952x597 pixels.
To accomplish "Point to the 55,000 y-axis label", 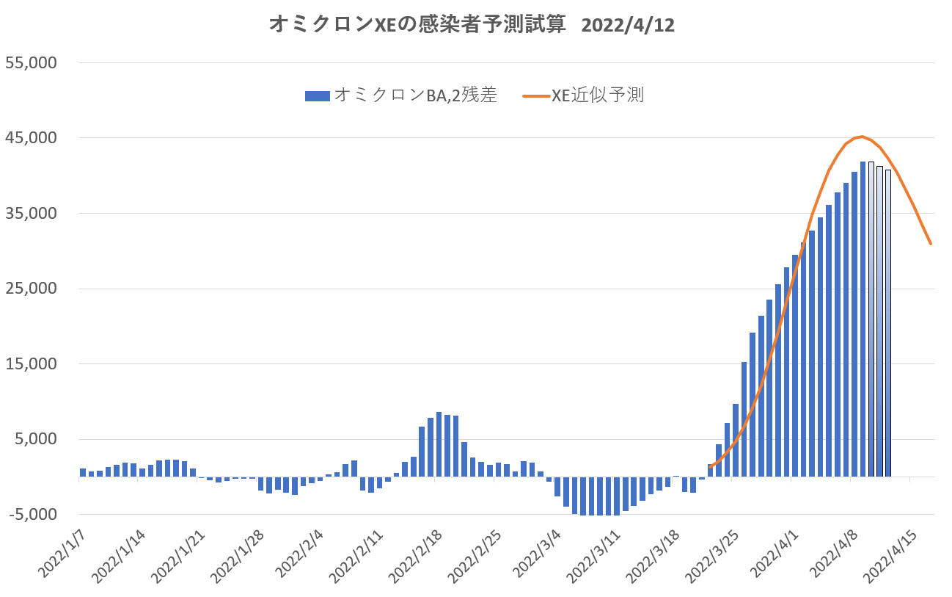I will (x=32, y=62).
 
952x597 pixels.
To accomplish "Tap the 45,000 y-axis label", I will (x=32, y=138).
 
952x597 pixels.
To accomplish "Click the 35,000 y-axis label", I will (x=32, y=214).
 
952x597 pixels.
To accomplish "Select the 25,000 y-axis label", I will (x=32, y=289).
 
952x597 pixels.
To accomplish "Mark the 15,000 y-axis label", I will (x=32, y=364).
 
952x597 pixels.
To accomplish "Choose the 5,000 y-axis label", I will (x=35, y=439).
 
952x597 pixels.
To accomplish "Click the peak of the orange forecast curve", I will (x=863, y=137).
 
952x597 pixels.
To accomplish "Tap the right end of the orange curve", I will (x=931, y=243).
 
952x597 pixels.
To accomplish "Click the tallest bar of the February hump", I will (x=439, y=444).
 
